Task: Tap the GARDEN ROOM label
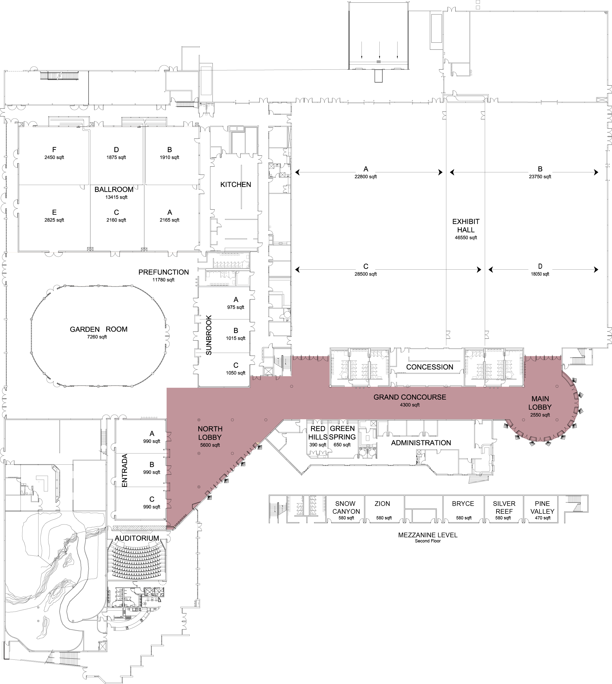tap(99, 329)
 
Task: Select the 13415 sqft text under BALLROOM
tap(116, 197)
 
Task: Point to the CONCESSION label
tap(429, 367)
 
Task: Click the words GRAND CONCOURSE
tap(410, 397)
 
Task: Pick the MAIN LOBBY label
tap(540, 403)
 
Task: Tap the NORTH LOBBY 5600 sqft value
tap(210, 445)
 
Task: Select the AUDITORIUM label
tap(137, 538)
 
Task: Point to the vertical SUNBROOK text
tap(209, 335)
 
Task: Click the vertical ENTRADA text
tap(125, 470)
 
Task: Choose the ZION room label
tap(382, 504)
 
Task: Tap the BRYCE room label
tap(463, 504)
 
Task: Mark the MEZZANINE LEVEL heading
tap(428, 535)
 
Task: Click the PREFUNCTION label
tap(164, 272)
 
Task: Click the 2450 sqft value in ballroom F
tap(54, 158)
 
